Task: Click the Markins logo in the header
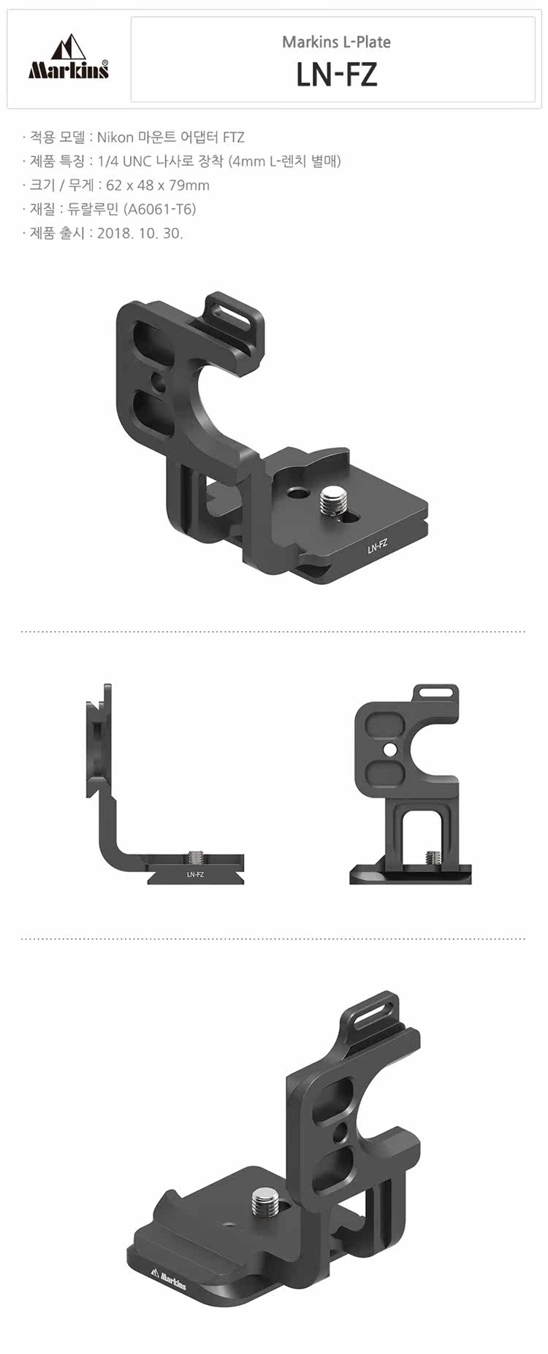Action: click(69, 58)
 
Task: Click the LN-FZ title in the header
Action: click(337, 74)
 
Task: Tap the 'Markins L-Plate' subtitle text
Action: click(337, 42)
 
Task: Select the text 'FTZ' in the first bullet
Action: click(233, 137)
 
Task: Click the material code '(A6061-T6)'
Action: click(160, 210)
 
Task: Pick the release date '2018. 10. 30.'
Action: click(140, 233)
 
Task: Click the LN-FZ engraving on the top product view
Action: click(377, 545)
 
